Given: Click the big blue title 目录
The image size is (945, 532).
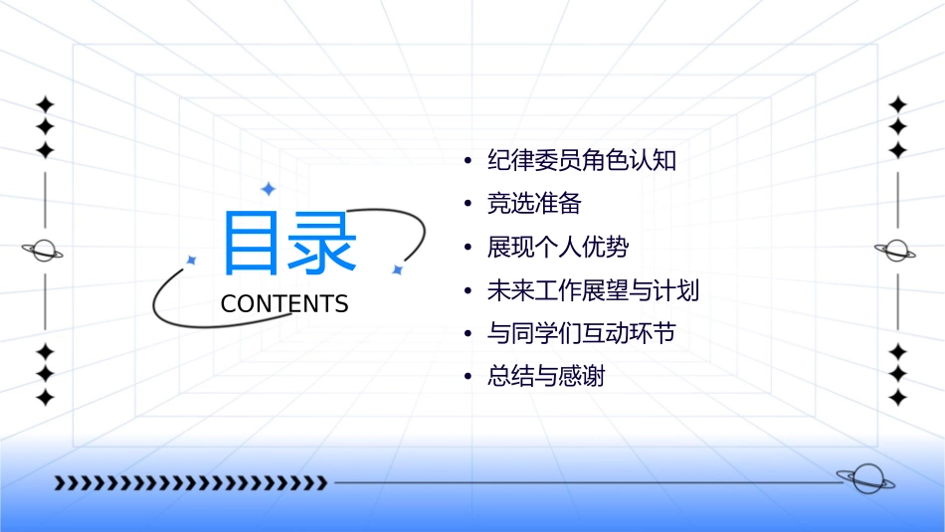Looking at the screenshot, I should pyautogui.click(x=289, y=245).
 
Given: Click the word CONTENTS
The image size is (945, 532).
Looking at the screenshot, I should pyautogui.click(x=284, y=304).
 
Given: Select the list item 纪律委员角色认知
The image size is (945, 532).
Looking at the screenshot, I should pyautogui.click(x=582, y=160).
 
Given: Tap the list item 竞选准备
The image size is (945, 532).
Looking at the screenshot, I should pyautogui.click(x=534, y=204).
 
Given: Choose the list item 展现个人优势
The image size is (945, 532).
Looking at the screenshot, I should pyautogui.click(x=558, y=247).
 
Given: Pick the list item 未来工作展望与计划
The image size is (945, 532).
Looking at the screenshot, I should pyautogui.click(x=594, y=290).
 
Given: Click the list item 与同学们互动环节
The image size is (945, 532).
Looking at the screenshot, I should pyautogui.click(x=582, y=333).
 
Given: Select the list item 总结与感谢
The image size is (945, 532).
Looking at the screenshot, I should pyautogui.click(x=546, y=377).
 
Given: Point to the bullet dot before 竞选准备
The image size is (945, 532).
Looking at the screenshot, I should pyautogui.click(x=468, y=205).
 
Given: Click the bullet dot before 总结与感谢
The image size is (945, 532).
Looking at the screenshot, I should pyautogui.click(x=468, y=378).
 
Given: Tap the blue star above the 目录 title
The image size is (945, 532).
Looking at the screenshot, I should pyautogui.click(x=268, y=189).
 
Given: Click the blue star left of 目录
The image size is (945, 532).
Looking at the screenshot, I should pyautogui.click(x=191, y=260).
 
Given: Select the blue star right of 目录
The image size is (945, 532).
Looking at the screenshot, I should pyautogui.click(x=397, y=269).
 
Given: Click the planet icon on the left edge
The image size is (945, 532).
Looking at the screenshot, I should pyautogui.click(x=44, y=251).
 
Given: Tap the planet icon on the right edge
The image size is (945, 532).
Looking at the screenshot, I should pyautogui.click(x=897, y=251).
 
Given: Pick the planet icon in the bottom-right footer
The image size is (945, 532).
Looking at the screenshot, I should pyautogui.click(x=865, y=479).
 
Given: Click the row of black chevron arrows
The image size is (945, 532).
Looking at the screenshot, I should pyautogui.click(x=190, y=483).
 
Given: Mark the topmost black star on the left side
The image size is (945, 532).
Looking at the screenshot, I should pyautogui.click(x=44, y=103).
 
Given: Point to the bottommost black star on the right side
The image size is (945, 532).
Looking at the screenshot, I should pyautogui.click(x=898, y=398).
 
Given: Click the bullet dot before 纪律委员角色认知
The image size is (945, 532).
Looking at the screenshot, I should pyautogui.click(x=468, y=161).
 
